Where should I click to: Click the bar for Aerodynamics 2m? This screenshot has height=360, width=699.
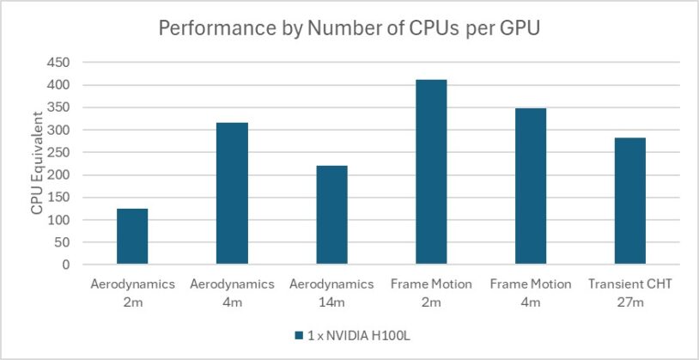pyautogui.click(x=132, y=236)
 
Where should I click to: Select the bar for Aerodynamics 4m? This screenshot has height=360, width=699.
pyautogui.click(x=232, y=193)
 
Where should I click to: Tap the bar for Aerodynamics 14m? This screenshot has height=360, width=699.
pyautogui.click(x=331, y=215)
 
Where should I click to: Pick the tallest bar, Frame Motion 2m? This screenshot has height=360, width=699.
pyautogui.click(x=431, y=172)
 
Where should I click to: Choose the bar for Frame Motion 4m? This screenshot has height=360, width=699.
pyautogui.click(x=531, y=186)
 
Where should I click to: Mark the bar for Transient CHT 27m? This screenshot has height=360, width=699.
pyautogui.click(x=630, y=201)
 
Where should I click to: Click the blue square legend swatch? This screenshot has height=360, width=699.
pyautogui.click(x=299, y=335)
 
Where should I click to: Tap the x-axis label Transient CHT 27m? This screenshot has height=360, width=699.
pyautogui.click(x=630, y=292)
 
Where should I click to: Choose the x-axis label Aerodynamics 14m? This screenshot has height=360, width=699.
pyautogui.click(x=331, y=292)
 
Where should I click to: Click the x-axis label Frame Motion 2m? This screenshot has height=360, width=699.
pyautogui.click(x=431, y=292)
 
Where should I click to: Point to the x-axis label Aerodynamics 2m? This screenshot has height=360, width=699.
pyautogui.click(x=132, y=292)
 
